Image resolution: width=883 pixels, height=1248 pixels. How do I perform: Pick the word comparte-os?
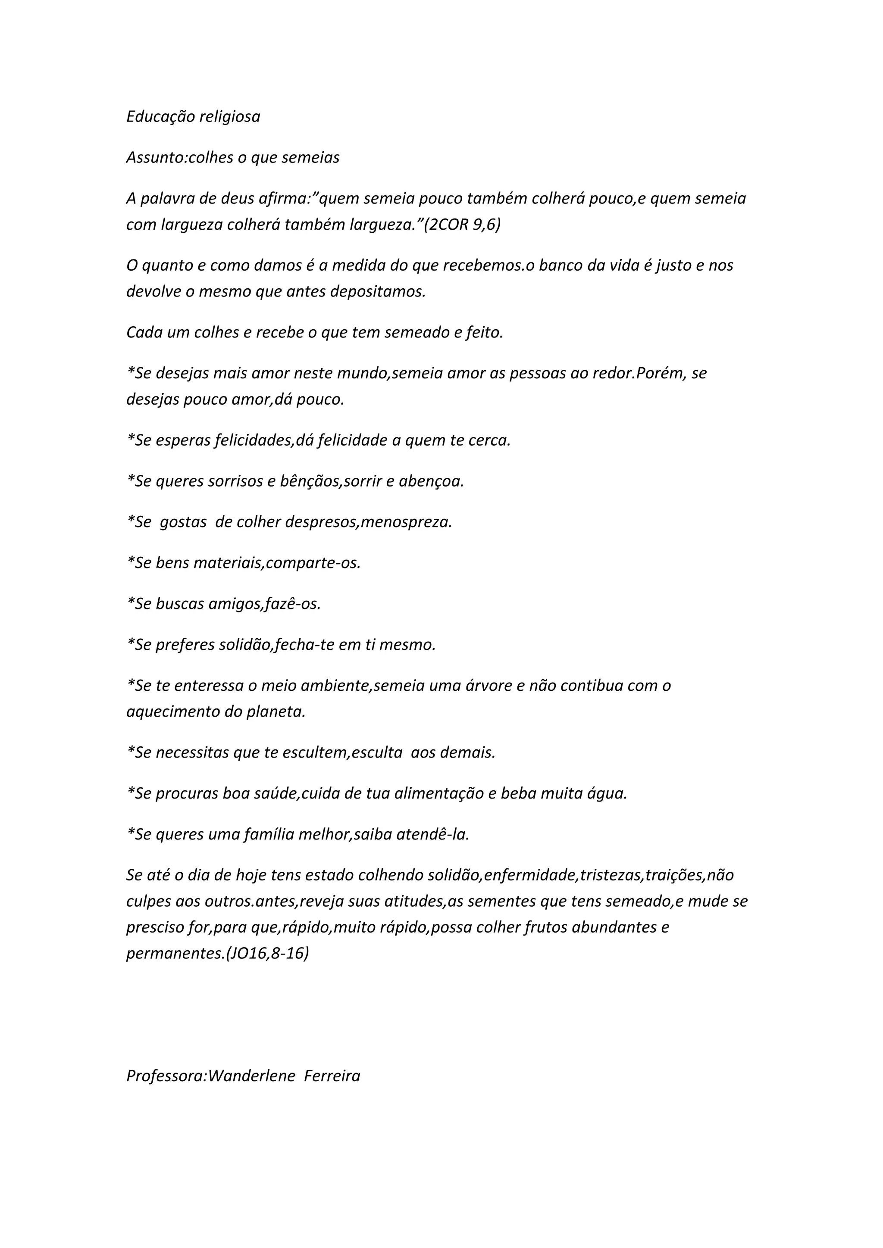coord(313,563)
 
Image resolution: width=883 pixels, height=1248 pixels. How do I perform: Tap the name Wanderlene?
coord(251,1076)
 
